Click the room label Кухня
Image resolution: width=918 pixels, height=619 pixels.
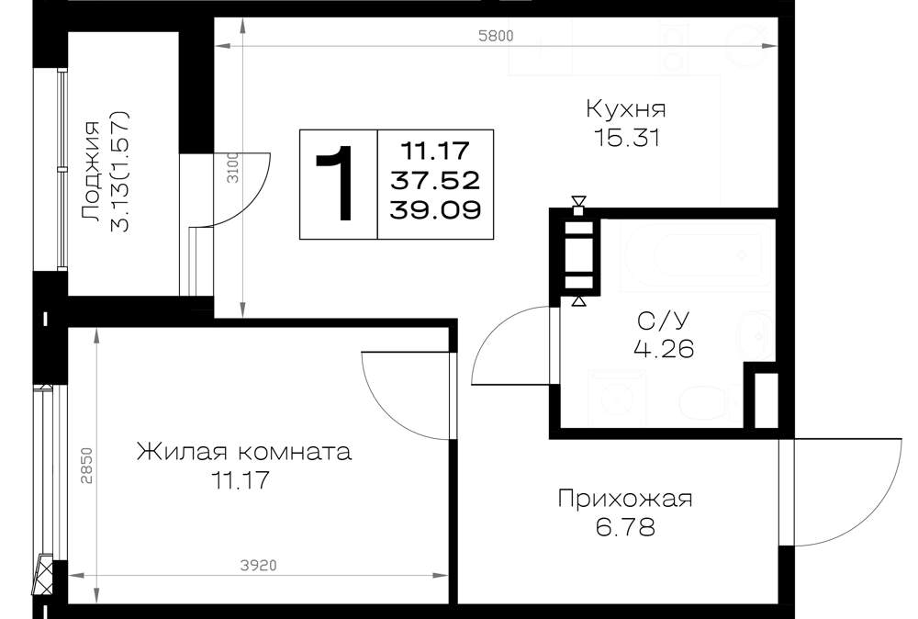(626, 109)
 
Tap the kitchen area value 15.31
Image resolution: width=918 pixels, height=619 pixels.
(627, 138)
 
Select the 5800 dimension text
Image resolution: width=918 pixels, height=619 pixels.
(496, 36)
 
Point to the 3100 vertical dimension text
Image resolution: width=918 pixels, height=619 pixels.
(233, 167)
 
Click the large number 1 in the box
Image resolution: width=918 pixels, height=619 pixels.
(336, 184)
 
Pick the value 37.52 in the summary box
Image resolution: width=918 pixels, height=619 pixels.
(435, 180)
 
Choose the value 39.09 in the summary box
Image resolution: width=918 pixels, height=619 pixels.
(435, 209)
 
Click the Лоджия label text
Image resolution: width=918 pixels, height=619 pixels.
(91, 172)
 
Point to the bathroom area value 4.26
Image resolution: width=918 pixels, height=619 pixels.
(664, 350)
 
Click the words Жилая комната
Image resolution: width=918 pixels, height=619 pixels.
(244, 452)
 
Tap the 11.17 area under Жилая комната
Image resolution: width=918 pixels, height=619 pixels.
(241, 481)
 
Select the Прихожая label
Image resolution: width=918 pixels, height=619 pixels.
(624, 499)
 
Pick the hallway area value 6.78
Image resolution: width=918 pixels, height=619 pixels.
(625, 528)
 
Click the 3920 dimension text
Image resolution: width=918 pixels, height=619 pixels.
(258, 566)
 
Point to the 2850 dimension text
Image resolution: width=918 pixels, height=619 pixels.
(86, 466)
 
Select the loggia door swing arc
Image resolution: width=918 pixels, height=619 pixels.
(253, 203)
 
